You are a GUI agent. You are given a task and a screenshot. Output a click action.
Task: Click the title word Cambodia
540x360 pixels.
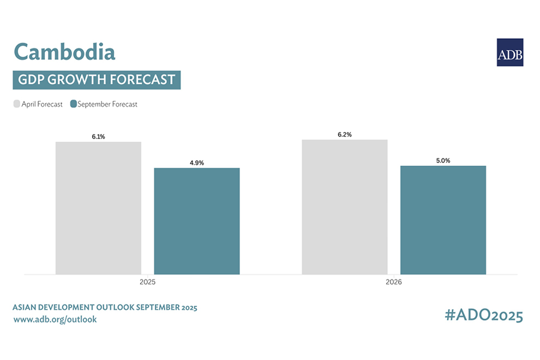[x=64, y=52]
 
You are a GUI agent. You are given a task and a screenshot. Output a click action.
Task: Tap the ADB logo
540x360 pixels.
[x=509, y=52]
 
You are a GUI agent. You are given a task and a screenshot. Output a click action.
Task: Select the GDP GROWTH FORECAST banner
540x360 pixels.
[x=97, y=80]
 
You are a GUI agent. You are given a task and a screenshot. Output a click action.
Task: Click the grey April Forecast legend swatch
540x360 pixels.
[x=17, y=104]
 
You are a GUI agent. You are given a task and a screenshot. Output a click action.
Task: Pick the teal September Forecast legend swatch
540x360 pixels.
[x=73, y=104]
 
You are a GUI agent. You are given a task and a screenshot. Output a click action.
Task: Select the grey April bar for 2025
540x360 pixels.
[x=98, y=208]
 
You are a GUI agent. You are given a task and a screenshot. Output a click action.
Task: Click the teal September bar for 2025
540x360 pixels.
[x=196, y=221]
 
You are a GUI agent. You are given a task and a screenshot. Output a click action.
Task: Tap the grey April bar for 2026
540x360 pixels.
[x=345, y=207]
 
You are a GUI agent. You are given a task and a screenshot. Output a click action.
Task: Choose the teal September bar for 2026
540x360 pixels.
[x=443, y=220]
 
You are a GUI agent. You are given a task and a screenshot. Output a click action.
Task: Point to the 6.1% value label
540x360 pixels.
[x=98, y=136]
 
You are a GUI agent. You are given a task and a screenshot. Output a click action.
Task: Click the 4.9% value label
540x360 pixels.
[x=197, y=163]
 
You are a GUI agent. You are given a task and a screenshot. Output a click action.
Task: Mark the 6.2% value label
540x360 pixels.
[x=344, y=134]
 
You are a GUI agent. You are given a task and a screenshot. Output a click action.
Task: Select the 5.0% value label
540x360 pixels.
[x=443, y=160]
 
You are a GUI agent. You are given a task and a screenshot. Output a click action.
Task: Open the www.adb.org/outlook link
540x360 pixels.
[x=55, y=319]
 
